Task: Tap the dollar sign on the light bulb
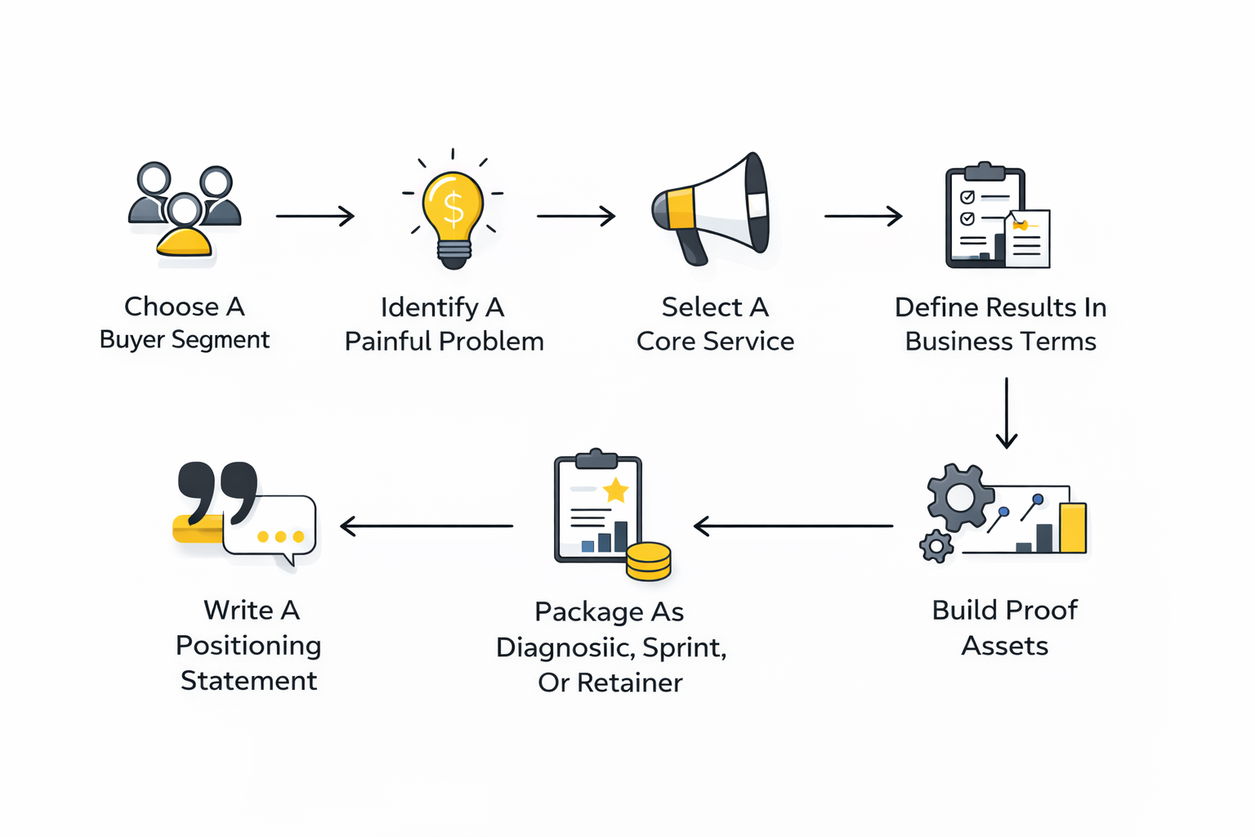[453, 208]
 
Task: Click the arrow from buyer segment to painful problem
[315, 216]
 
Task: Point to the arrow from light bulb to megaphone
[575, 216]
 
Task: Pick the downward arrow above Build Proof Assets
[1007, 413]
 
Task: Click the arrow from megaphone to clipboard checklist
[863, 216]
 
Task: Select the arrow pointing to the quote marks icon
[427, 526]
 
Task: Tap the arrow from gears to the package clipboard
[793, 526]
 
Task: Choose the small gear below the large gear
[936, 545]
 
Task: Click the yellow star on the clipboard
[615, 490]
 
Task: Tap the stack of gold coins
[649, 562]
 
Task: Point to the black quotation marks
[217, 492]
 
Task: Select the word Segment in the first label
[221, 340]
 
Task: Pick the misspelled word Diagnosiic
[565, 647]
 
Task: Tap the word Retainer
[630, 683]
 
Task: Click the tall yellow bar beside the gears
[1073, 527]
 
